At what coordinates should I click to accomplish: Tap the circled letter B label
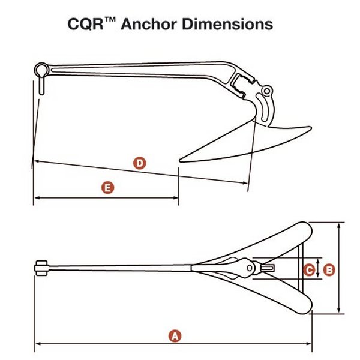(x=329, y=270)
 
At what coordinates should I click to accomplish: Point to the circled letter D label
(x=139, y=163)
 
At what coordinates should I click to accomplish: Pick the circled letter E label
(x=107, y=188)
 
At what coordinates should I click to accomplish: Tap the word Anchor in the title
(x=157, y=25)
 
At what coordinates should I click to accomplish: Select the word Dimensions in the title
(x=234, y=25)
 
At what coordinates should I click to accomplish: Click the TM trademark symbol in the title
(x=127, y=20)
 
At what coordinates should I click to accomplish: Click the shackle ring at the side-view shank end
(x=40, y=68)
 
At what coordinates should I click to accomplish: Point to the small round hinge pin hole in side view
(x=268, y=91)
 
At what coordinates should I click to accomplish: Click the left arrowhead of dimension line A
(x=37, y=344)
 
